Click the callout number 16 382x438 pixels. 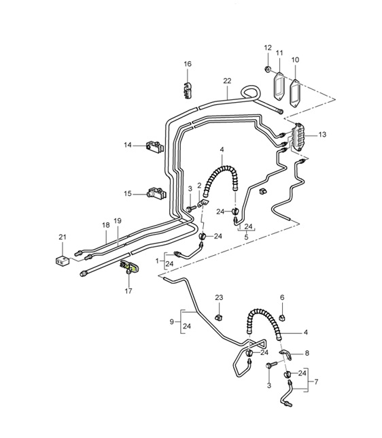188,64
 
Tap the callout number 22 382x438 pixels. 227,80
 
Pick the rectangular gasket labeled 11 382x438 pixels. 279,86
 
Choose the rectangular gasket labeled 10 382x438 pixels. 296,89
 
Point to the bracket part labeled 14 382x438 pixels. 154,146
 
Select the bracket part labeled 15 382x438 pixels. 156,194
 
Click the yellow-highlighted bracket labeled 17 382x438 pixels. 128,267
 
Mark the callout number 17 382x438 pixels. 128,292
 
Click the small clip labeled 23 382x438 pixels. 219,317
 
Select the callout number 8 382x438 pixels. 307,353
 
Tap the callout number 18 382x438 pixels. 105,224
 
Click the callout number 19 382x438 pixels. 118,221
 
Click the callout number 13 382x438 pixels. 322,135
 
